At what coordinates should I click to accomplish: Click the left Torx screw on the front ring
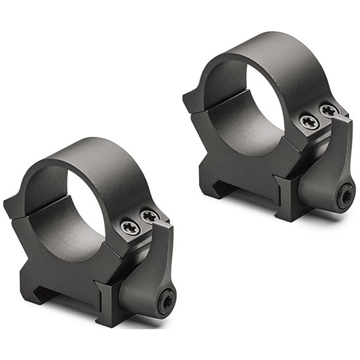tap(128, 227)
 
